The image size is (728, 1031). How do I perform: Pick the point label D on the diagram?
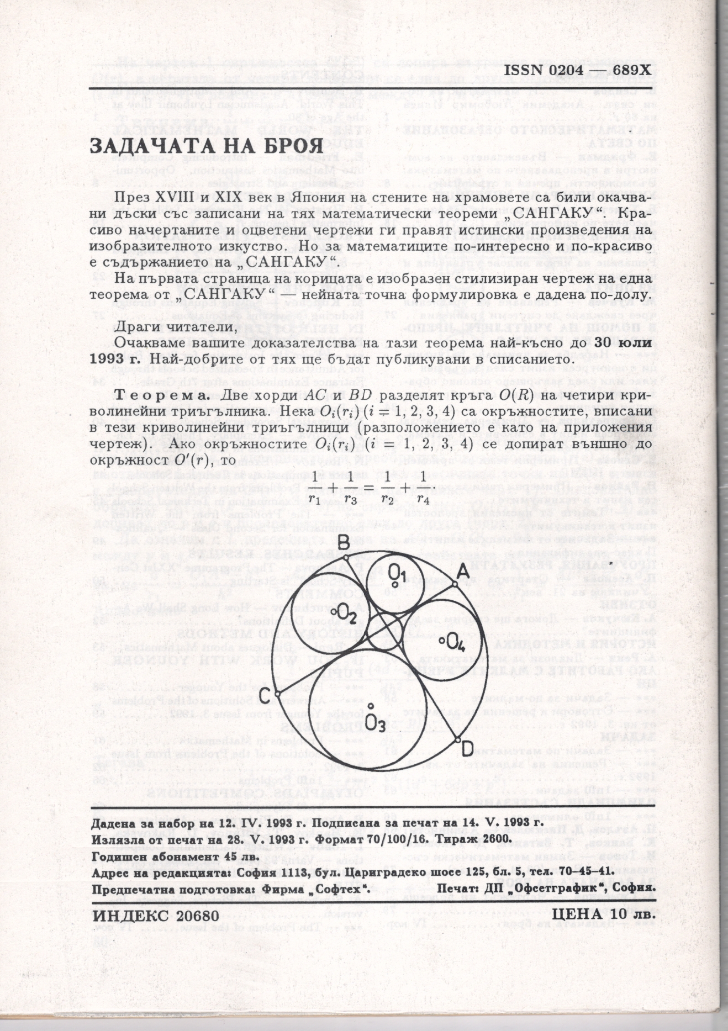tap(467, 748)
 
